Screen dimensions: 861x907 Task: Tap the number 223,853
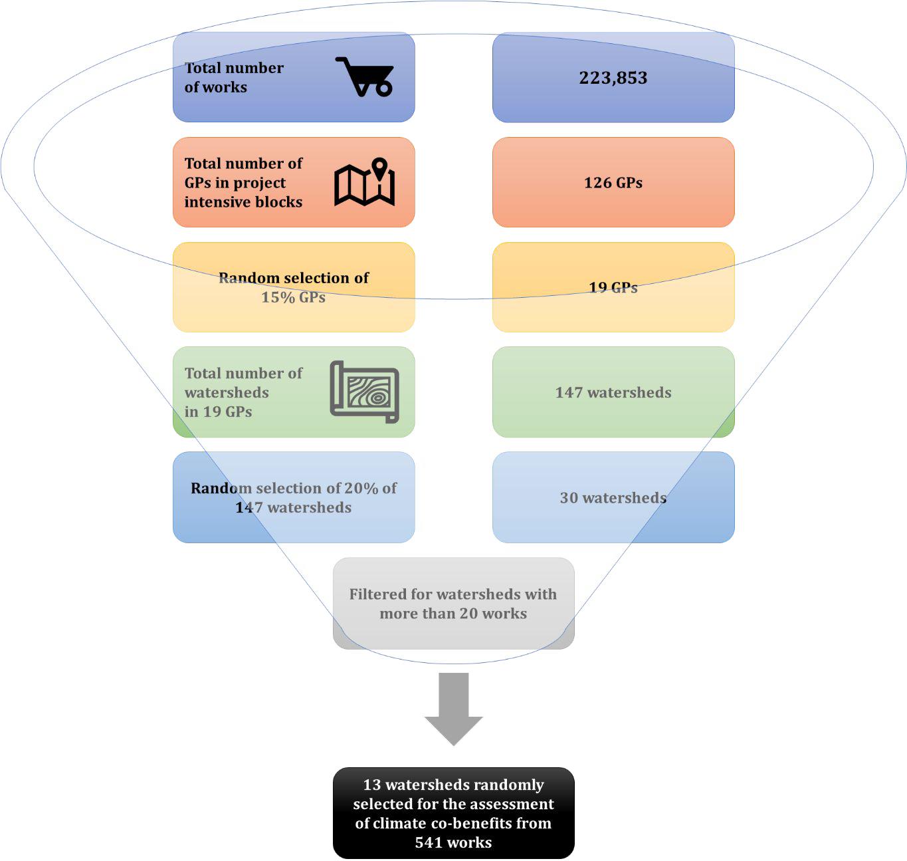tap(613, 78)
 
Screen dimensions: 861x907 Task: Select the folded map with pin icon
tap(364, 182)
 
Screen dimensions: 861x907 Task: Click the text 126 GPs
tap(613, 183)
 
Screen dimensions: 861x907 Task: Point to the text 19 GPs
tap(613, 288)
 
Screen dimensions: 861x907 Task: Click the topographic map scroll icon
tap(364, 392)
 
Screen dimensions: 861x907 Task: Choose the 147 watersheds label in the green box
tap(613, 392)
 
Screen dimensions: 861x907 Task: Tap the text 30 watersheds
tap(613, 498)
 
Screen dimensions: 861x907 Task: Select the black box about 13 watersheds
tap(453, 813)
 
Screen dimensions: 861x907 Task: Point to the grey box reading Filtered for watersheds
tap(453, 604)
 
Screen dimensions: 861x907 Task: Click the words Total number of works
tap(234, 77)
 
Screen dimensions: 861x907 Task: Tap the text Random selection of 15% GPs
tap(293, 287)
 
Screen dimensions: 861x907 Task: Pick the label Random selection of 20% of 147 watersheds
tap(293, 497)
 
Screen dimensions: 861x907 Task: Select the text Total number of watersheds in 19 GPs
tap(243, 392)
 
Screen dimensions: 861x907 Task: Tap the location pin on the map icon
tap(379, 168)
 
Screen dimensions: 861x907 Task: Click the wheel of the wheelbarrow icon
tap(383, 87)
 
